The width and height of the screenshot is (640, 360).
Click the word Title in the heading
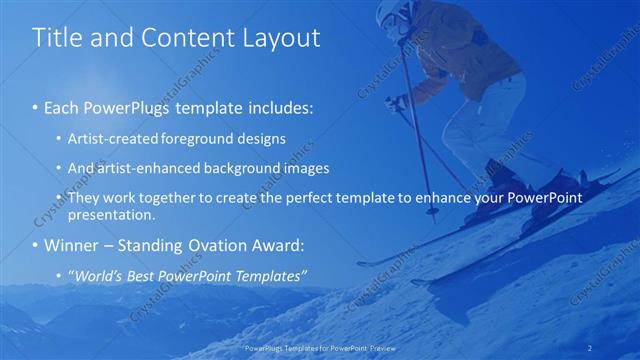click(x=57, y=38)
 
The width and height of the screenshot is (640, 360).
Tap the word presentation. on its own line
click(x=111, y=214)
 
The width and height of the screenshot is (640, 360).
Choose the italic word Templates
click(x=273, y=275)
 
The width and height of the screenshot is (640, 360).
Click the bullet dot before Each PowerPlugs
click(x=36, y=107)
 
